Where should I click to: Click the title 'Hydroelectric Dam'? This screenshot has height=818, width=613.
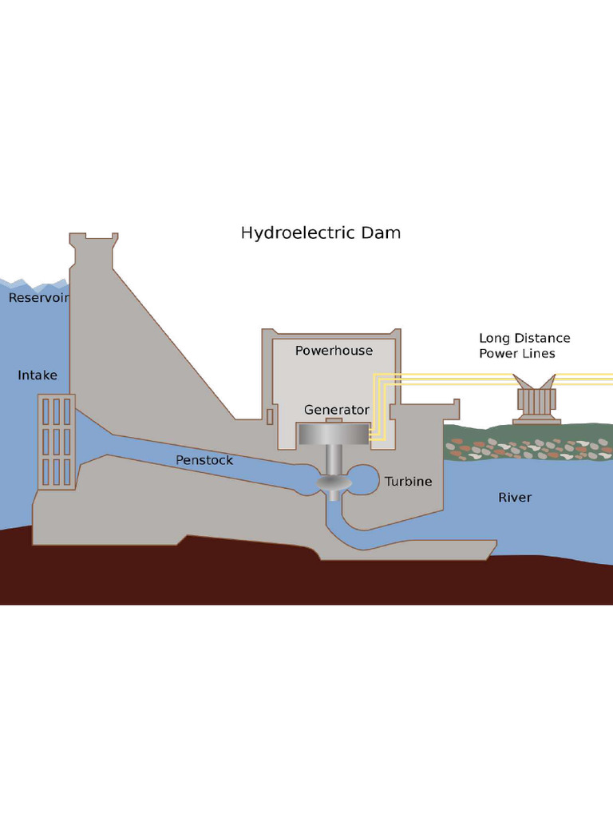pos(320,233)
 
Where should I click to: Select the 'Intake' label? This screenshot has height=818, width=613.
pos(38,375)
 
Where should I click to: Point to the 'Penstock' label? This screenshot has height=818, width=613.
pos(204,460)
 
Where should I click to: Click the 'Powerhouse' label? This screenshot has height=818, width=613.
pos(334,351)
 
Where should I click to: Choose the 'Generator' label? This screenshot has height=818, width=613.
pos(336,410)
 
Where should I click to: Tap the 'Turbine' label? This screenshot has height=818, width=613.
pos(408,482)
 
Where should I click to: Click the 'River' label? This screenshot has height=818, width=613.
pos(514,498)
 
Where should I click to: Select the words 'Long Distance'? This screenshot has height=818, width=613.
pos(524,338)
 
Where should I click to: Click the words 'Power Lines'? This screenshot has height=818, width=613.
pos(516,354)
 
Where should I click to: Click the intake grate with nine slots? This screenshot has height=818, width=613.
pos(57,442)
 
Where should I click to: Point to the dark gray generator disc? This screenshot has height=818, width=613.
pos(334,433)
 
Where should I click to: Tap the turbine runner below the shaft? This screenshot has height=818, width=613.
pos(334,484)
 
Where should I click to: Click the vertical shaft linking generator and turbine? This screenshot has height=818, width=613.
pos(334,459)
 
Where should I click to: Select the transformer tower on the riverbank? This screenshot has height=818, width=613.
pos(536,400)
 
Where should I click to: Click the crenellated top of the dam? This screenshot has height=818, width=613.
pos(93,239)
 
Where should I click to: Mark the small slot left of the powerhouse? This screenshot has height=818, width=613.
pos(270,416)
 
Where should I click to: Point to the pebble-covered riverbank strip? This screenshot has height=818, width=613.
pos(527,448)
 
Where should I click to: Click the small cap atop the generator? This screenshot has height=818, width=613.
pos(334,420)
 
